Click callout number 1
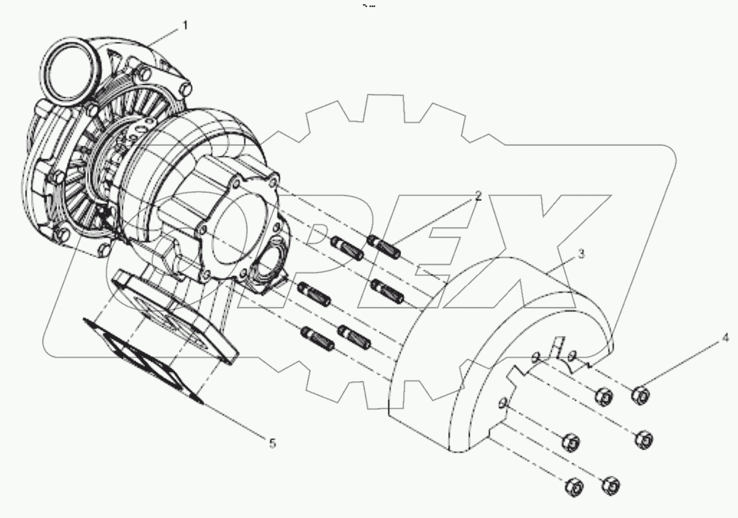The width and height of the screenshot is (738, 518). [x=185, y=25]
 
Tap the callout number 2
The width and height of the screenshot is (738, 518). [x=478, y=196]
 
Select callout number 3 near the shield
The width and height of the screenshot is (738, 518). [x=580, y=254]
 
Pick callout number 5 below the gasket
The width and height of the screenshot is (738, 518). [x=272, y=443]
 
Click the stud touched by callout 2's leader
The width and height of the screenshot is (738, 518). [x=384, y=245]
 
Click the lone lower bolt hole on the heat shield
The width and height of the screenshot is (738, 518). [x=503, y=403]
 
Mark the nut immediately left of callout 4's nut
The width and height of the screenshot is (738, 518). [x=602, y=397]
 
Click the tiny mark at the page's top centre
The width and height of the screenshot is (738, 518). [x=369, y=5]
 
